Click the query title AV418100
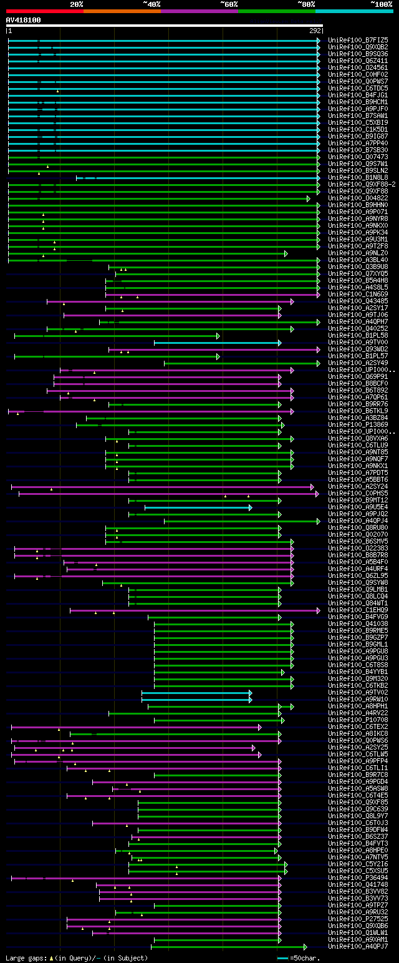[24, 20]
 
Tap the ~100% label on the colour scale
[381, 4]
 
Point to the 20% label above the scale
[76, 4]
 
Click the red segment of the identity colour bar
[44, 11]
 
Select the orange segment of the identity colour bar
[122, 11]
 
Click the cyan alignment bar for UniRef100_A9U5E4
[198, 507]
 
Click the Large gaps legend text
[77, 957]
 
